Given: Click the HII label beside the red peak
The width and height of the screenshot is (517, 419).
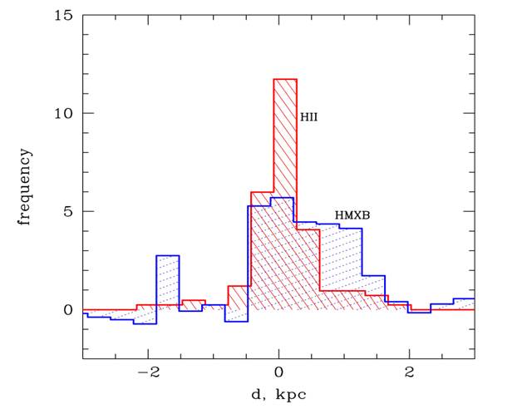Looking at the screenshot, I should [x=309, y=118].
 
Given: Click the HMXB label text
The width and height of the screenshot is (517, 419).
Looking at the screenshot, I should [x=352, y=215].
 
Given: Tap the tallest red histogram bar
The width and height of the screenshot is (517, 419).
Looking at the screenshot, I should [x=285, y=166].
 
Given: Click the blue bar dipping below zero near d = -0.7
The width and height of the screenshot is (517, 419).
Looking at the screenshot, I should [x=236, y=315].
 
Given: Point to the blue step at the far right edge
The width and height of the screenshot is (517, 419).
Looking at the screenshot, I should [x=463, y=301].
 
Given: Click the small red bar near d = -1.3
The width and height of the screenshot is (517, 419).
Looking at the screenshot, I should [x=193, y=303].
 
